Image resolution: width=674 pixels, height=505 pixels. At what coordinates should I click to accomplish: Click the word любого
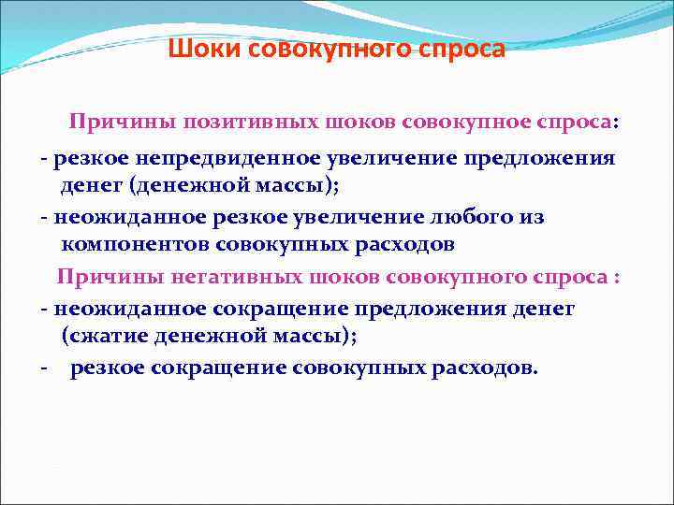pos(478,217)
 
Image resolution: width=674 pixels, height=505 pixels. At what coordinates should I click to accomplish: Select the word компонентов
pos(136,245)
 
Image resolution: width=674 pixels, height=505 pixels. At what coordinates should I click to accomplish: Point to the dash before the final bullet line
pos(44,368)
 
